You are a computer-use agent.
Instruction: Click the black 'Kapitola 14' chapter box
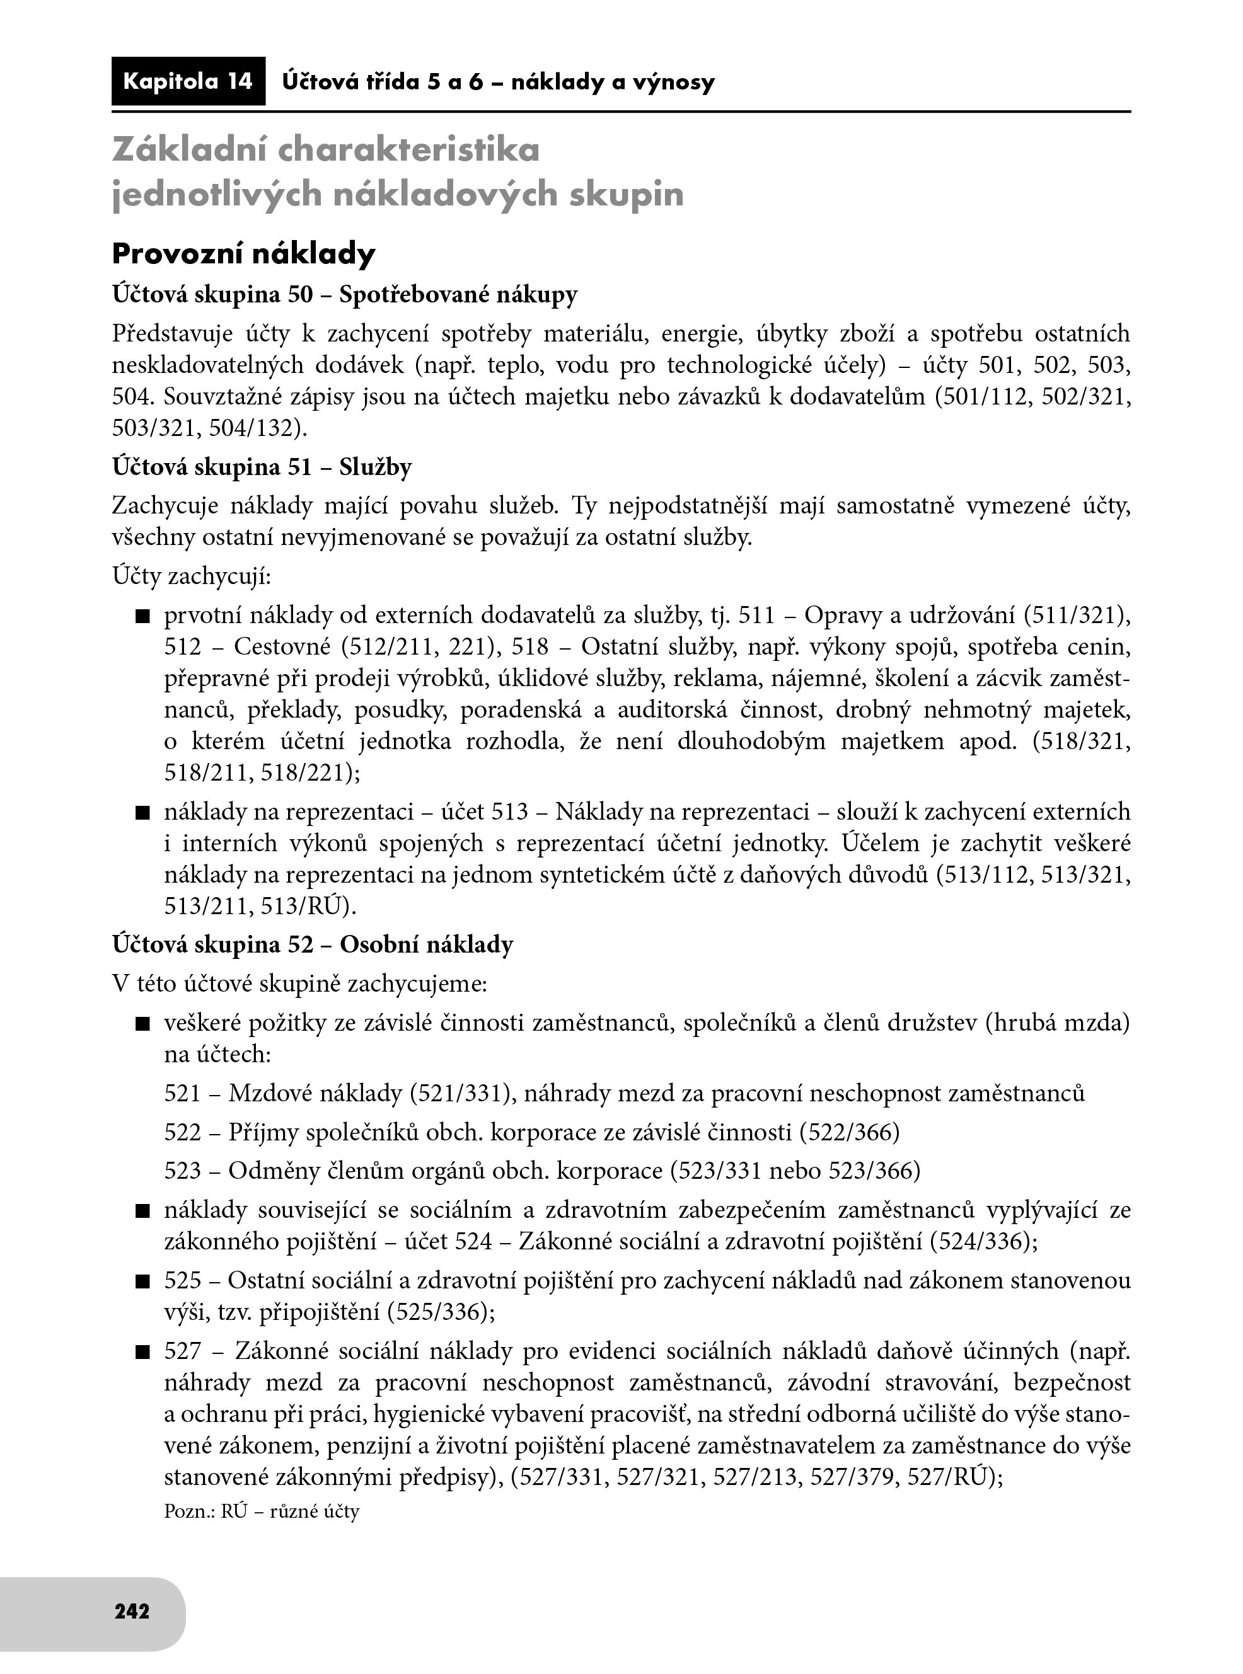187,81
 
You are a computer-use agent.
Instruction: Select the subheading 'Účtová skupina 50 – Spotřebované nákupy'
345,294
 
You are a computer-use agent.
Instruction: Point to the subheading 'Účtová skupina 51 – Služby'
262,467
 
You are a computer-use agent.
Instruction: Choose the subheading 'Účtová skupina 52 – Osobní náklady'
312,944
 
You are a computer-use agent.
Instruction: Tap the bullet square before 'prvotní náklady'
143,617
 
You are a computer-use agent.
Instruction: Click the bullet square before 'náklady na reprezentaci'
143,813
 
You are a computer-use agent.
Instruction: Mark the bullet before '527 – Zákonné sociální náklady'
143,1353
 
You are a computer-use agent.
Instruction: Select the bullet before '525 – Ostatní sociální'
143,1281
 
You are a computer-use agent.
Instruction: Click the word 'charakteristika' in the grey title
409,150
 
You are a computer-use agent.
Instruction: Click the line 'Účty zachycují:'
191,577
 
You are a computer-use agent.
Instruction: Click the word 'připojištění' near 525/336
320,1312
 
